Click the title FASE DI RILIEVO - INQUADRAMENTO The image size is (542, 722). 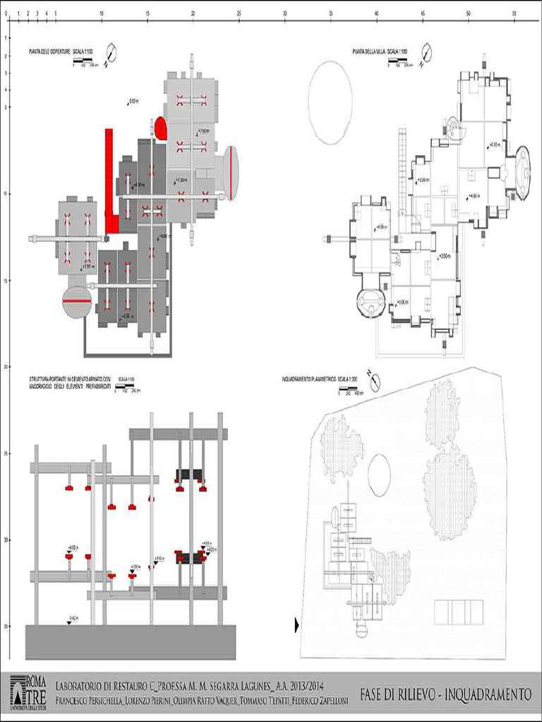[x=445, y=695]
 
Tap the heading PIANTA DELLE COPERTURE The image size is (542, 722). [x=49, y=51]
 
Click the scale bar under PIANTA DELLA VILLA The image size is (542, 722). [x=399, y=61]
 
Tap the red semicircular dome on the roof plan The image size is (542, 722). [x=161, y=128]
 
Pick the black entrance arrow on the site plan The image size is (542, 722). [x=296, y=624]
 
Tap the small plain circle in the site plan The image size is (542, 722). [x=379, y=474]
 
